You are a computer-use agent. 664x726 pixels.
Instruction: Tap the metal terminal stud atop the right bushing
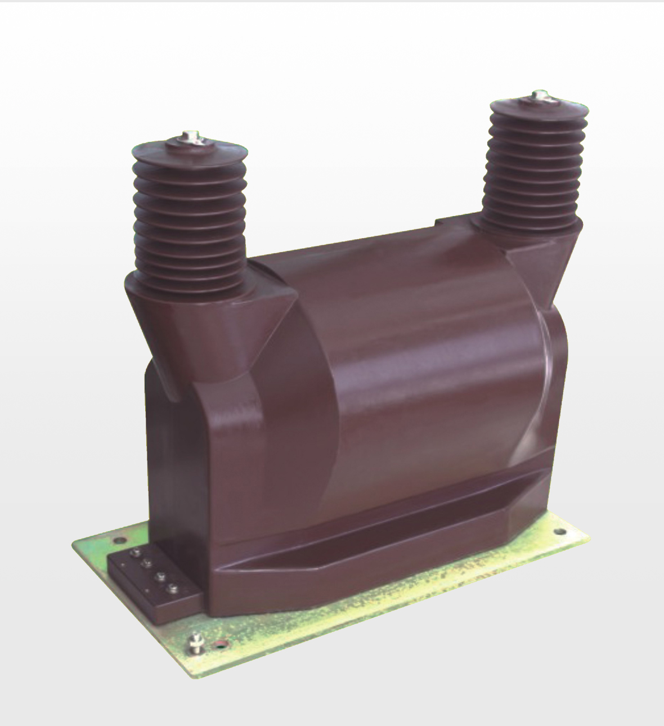pos(539,95)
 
